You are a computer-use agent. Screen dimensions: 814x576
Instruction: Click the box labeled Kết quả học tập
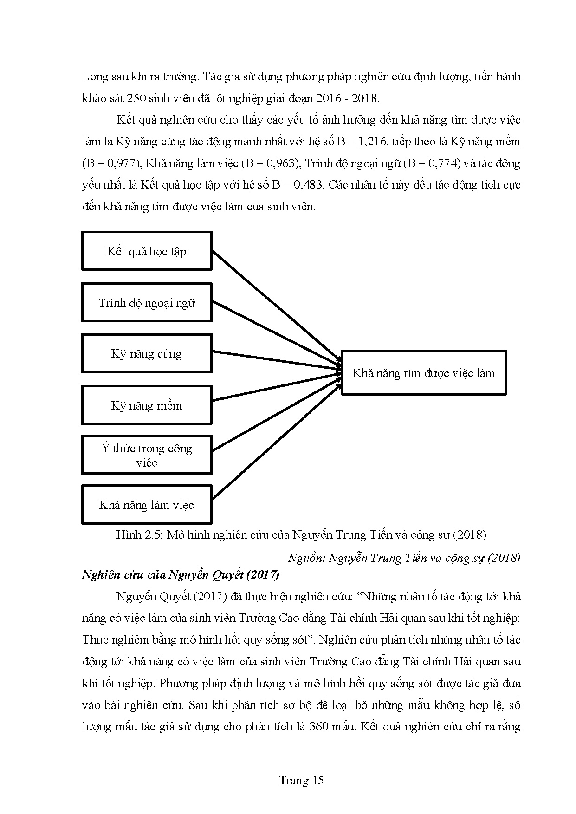[147, 251]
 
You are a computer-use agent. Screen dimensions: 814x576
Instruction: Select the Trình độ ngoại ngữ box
[147, 303]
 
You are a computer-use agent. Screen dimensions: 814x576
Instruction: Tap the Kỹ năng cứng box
[147, 353]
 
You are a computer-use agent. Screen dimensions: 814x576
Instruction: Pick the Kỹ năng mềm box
[147, 405]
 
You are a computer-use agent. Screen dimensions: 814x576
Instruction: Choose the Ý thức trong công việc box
[147, 455]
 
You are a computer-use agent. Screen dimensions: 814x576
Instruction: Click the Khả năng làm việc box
[147, 505]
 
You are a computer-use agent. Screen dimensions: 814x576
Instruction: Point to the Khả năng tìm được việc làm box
[423, 373]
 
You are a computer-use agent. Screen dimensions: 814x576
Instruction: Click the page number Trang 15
[301, 780]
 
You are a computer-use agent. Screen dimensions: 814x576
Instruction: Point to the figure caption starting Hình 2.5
[301, 534]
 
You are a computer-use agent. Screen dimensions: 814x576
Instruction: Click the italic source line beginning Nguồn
[404, 557]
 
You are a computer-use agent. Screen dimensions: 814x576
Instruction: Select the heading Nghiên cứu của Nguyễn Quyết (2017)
[181, 575]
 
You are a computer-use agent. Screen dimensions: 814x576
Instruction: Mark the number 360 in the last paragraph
[318, 726]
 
